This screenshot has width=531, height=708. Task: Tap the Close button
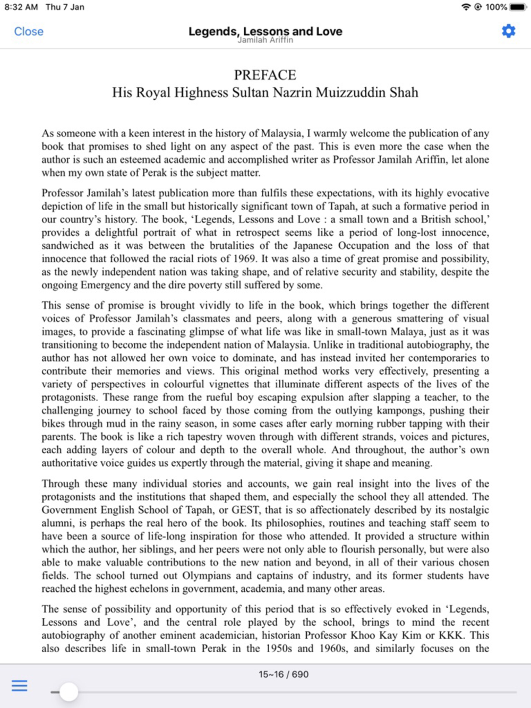point(29,31)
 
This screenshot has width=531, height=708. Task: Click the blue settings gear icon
point(508,31)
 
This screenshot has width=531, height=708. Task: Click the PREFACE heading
point(265,75)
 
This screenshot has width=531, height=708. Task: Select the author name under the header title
point(265,40)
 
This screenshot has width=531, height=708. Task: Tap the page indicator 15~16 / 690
point(284,675)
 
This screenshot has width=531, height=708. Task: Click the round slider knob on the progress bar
point(68,692)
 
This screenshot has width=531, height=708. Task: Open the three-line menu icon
point(20,686)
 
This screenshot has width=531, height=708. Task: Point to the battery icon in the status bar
point(518,7)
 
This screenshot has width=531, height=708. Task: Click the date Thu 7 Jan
point(65,7)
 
